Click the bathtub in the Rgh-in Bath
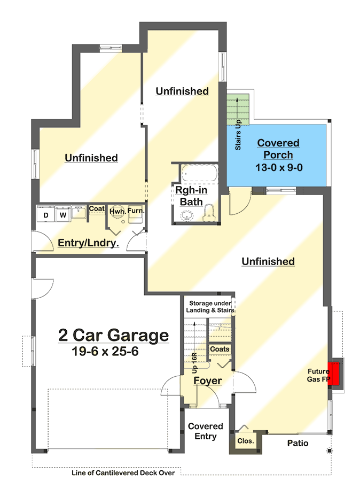click(x=199, y=174)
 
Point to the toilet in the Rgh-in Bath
click(x=209, y=213)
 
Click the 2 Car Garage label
click(x=113, y=336)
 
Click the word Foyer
click(x=207, y=381)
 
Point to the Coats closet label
click(x=220, y=349)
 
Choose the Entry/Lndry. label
click(x=88, y=244)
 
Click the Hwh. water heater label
click(x=117, y=211)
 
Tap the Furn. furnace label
click(x=136, y=211)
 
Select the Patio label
click(x=298, y=443)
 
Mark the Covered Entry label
click(x=206, y=431)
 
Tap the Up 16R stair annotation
click(x=195, y=363)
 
